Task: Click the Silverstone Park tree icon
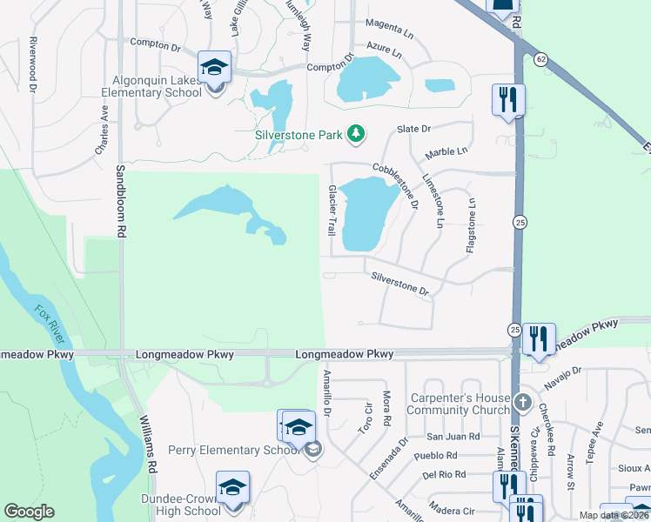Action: pyautogui.click(x=355, y=133)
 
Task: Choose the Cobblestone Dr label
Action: pyautogui.click(x=397, y=185)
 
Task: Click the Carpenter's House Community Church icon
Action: pyautogui.click(x=521, y=402)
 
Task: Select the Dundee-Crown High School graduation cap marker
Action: pyautogui.click(x=232, y=488)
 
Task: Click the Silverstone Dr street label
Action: pyautogui.click(x=400, y=284)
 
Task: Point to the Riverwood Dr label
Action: pyautogui.click(x=34, y=64)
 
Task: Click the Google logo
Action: pyautogui.click(x=29, y=512)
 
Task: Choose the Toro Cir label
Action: pyautogui.click(x=366, y=418)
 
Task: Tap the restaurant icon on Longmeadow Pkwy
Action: pyautogui.click(x=540, y=338)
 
